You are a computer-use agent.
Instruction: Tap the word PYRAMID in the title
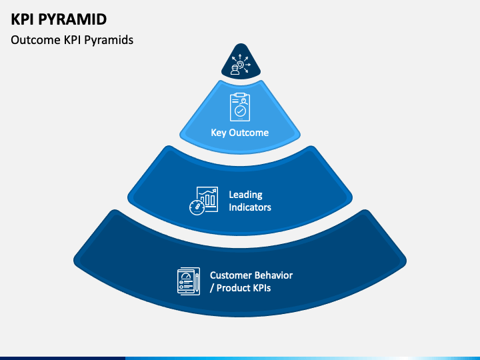click(73, 19)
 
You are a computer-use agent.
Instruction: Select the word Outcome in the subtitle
click(35, 40)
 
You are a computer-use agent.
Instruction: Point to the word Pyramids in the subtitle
click(109, 40)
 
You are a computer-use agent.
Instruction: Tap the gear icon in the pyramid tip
click(241, 65)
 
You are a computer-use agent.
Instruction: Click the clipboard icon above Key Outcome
click(240, 107)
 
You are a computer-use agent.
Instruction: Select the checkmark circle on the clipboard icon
click(240, 111)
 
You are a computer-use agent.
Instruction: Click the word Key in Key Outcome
click(218, 133)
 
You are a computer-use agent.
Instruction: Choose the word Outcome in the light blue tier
click(249, 133)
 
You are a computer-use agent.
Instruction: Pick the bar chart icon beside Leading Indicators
click(207, 199)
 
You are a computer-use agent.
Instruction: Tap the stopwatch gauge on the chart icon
click(197, 207)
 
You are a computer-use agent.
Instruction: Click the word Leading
click(245, 195)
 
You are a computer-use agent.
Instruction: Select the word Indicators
click(250, 207)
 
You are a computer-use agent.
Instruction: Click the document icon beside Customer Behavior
click(189, 281)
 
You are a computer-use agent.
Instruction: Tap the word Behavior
click(274, 275)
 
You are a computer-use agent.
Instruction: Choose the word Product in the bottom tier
click(232, 288)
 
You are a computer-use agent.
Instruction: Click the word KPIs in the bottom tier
click(261, 288)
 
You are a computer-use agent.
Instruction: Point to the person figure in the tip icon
click(235, 70)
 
